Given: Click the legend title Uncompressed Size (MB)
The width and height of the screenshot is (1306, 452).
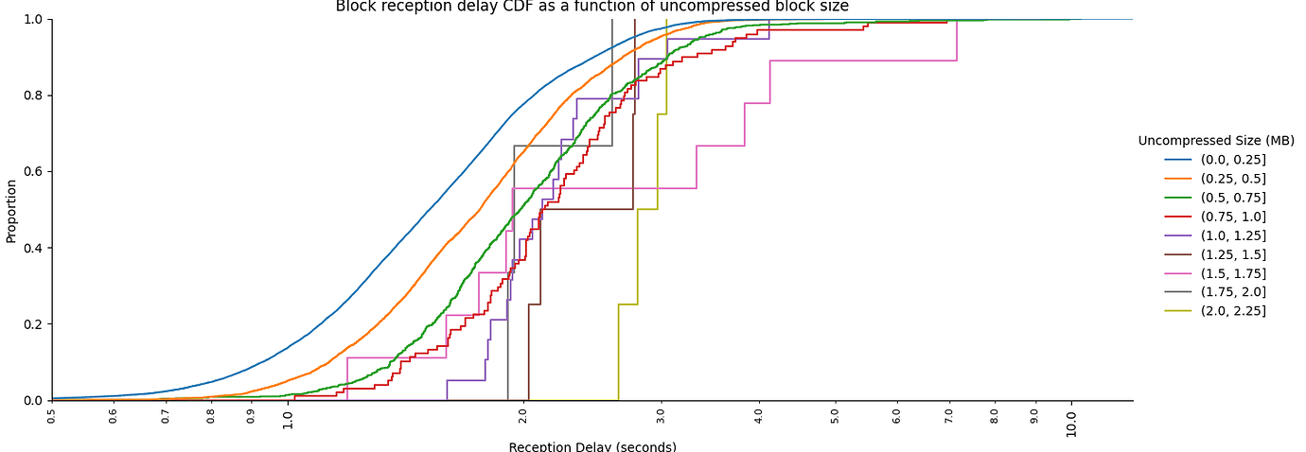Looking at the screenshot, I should [x=1216, y=141].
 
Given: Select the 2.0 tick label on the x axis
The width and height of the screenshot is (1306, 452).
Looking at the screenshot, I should [x=523, y=416].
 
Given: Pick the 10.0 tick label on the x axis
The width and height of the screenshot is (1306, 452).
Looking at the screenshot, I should [x=1071, y=421].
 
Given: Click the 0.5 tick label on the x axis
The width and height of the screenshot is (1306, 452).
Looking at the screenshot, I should [x=52, y=414].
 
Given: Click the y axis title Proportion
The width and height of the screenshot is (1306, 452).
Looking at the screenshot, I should [x=11, y=210].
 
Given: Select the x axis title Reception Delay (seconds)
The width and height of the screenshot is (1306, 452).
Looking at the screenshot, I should [x=592, y=446].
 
